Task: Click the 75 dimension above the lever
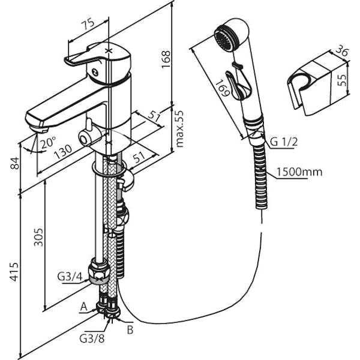[88, 24]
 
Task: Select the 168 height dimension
[166, 59]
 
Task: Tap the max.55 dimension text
[179, 129]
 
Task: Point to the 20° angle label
[49, 142]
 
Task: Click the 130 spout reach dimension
[63, 152]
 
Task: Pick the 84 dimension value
[16, 163]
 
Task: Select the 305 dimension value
[38, 237]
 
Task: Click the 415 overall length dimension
[14, 272]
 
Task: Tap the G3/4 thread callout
[70, 277]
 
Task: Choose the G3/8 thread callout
[92, 339]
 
